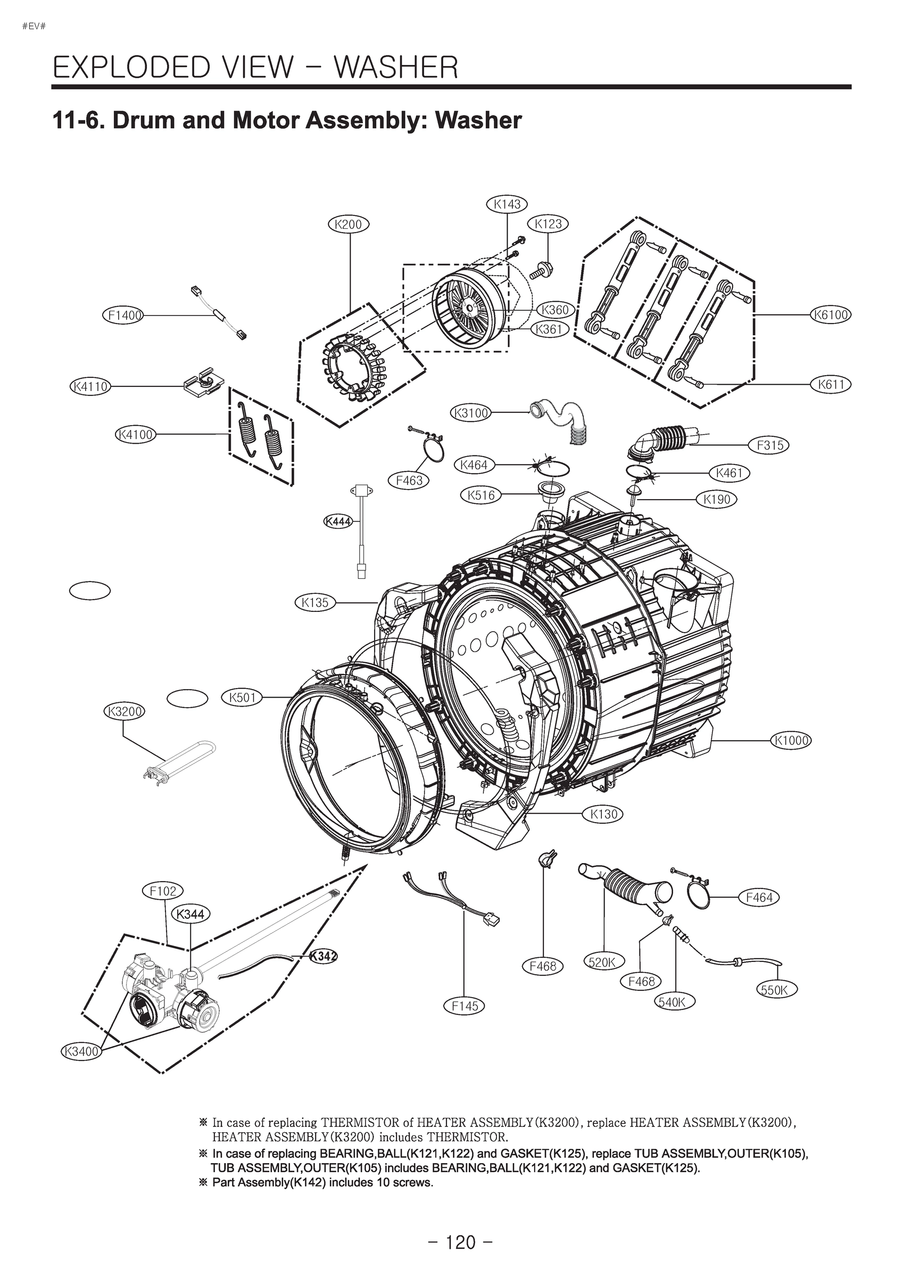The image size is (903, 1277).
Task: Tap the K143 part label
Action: [507, 204]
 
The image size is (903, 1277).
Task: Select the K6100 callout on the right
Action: [831, 315]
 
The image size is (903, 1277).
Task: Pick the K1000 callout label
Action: [791, 740]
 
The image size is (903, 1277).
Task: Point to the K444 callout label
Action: [338, 521]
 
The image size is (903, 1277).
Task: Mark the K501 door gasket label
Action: [242, 698]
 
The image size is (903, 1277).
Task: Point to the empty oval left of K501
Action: [187, 699]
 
